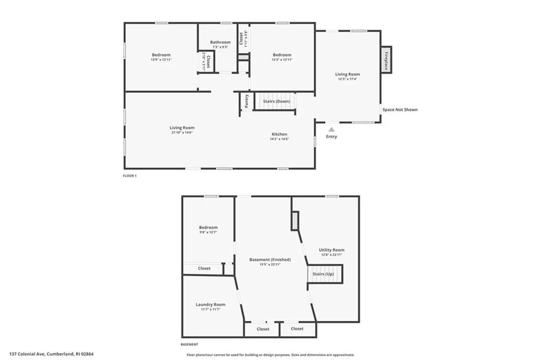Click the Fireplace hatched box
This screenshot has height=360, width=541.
pyautogui.click(x=386, y=59)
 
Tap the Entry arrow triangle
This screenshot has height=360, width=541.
pyautogui.click(x=331, y=128)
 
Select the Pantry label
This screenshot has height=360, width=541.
pyautogui.click(x=246, y=100)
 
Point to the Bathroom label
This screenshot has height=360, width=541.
pyautogui.click(x=220, y=42)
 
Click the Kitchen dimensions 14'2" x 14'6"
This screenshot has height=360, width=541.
pyautogui.click(x=279, y=139)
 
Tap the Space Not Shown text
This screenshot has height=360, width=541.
pyautogui.click(x=400, y=110)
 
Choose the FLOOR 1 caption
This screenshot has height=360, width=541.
pyautogui.click(x=129, y=176)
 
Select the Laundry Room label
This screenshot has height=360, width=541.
pyautogui.click(x=210, y=304)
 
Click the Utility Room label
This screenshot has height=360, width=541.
pyautogui.click(x=331, y=250)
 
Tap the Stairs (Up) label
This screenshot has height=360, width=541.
pyautogui.click(x=323, y=274)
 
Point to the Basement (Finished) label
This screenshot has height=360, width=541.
pyautogui.click(x=270, y=260)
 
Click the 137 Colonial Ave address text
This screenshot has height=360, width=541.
pyautogui.click(x=51, y=354)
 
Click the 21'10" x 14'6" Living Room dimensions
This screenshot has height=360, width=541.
pyautogui.click(x=182, y=132)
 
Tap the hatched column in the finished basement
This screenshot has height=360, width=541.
pyautogui.click(x=295, y=220)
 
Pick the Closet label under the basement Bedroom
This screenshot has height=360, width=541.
pyautogui.click(x=204, y=269)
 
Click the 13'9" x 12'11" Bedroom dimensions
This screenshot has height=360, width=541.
pyautogui.click(x=161, y=60)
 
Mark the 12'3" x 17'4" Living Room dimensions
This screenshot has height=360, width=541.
pyautogui.click(x=347, y=79)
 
